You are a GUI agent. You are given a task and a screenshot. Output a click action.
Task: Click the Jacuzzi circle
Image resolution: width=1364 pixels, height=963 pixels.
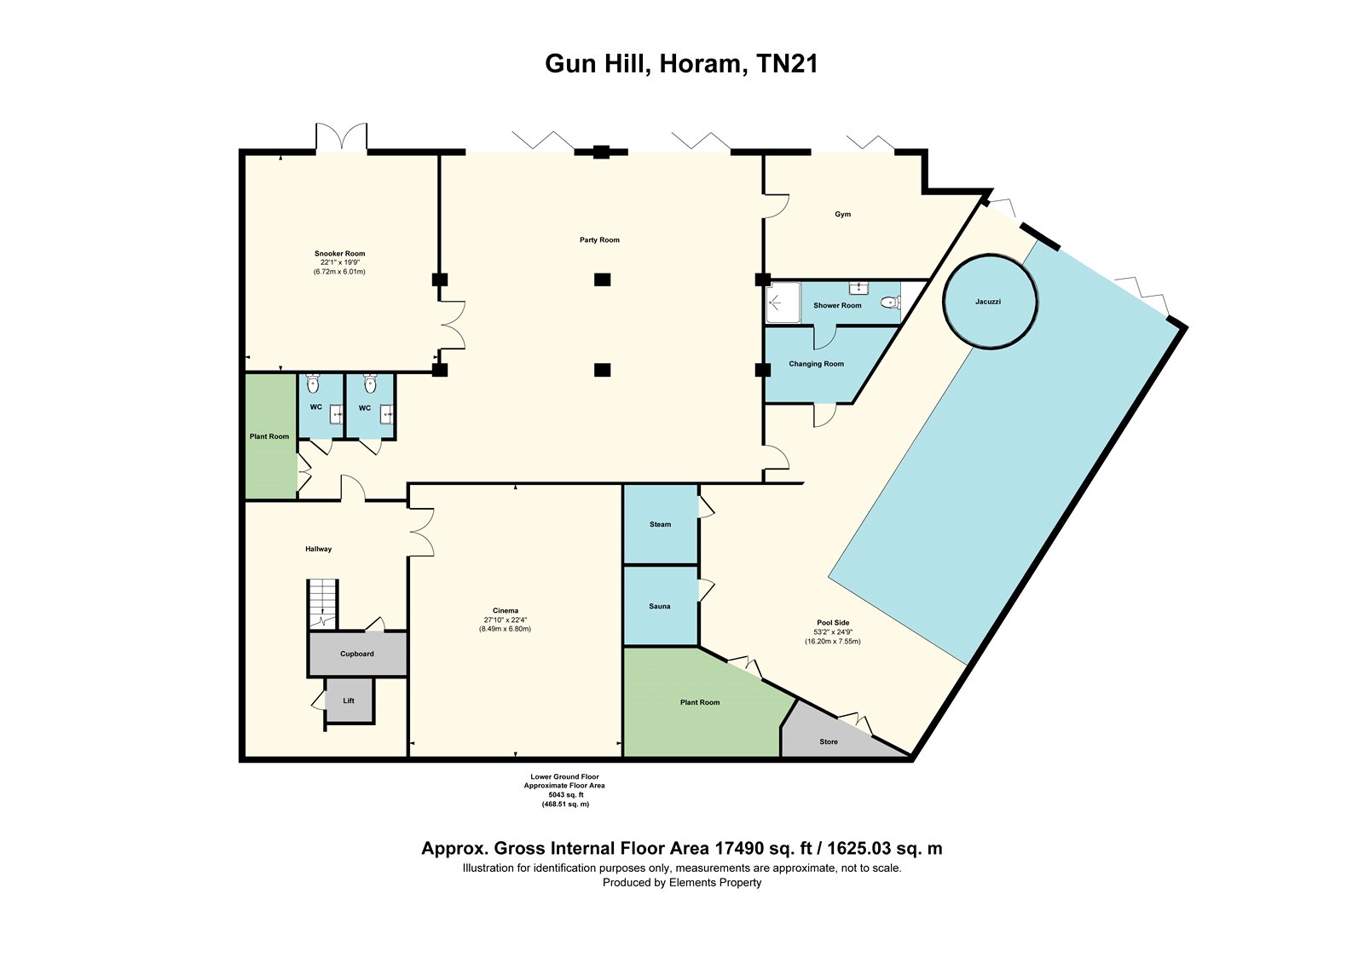[944, 302]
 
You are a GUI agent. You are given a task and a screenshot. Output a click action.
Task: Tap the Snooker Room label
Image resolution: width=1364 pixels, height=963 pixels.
[340, 253]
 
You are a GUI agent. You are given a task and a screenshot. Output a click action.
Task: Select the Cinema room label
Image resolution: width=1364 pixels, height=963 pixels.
[506, 610]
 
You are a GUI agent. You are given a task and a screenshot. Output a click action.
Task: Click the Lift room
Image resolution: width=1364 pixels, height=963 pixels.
[350, 701]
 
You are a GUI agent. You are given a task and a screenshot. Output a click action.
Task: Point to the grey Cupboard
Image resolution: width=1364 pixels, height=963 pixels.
[357, 654]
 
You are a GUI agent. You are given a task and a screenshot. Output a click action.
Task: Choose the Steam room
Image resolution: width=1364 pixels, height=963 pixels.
[660, 524]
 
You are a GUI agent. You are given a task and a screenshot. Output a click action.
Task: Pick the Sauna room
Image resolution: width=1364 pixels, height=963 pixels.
[660, 606]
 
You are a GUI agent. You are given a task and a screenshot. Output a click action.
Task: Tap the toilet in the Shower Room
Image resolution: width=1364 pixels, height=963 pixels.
[891, 302]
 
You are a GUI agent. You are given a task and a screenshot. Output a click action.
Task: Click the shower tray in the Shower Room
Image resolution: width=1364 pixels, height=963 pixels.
[783, 302]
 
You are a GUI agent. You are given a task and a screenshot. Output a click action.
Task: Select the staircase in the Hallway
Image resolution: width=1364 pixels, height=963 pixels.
[322, 603]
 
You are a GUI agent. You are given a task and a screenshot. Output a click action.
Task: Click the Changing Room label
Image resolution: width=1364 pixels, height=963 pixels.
[816, 364]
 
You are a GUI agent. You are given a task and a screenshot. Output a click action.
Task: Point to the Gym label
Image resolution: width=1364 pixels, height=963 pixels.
[843, 214]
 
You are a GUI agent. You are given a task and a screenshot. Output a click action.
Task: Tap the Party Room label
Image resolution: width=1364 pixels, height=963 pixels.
[599, 239]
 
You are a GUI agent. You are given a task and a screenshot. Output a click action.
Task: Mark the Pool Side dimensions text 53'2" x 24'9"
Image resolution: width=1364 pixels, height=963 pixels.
[833, 631]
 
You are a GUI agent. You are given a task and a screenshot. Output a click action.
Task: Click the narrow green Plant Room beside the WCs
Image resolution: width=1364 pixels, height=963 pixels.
[270, 435]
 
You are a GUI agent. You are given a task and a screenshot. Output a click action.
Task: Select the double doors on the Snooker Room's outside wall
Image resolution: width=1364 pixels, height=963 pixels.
[341, 136]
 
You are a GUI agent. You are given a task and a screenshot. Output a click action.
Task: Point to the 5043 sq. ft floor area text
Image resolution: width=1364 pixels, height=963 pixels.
[566, 794]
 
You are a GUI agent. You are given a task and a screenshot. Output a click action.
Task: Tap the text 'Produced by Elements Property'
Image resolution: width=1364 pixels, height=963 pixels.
[682, 882]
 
